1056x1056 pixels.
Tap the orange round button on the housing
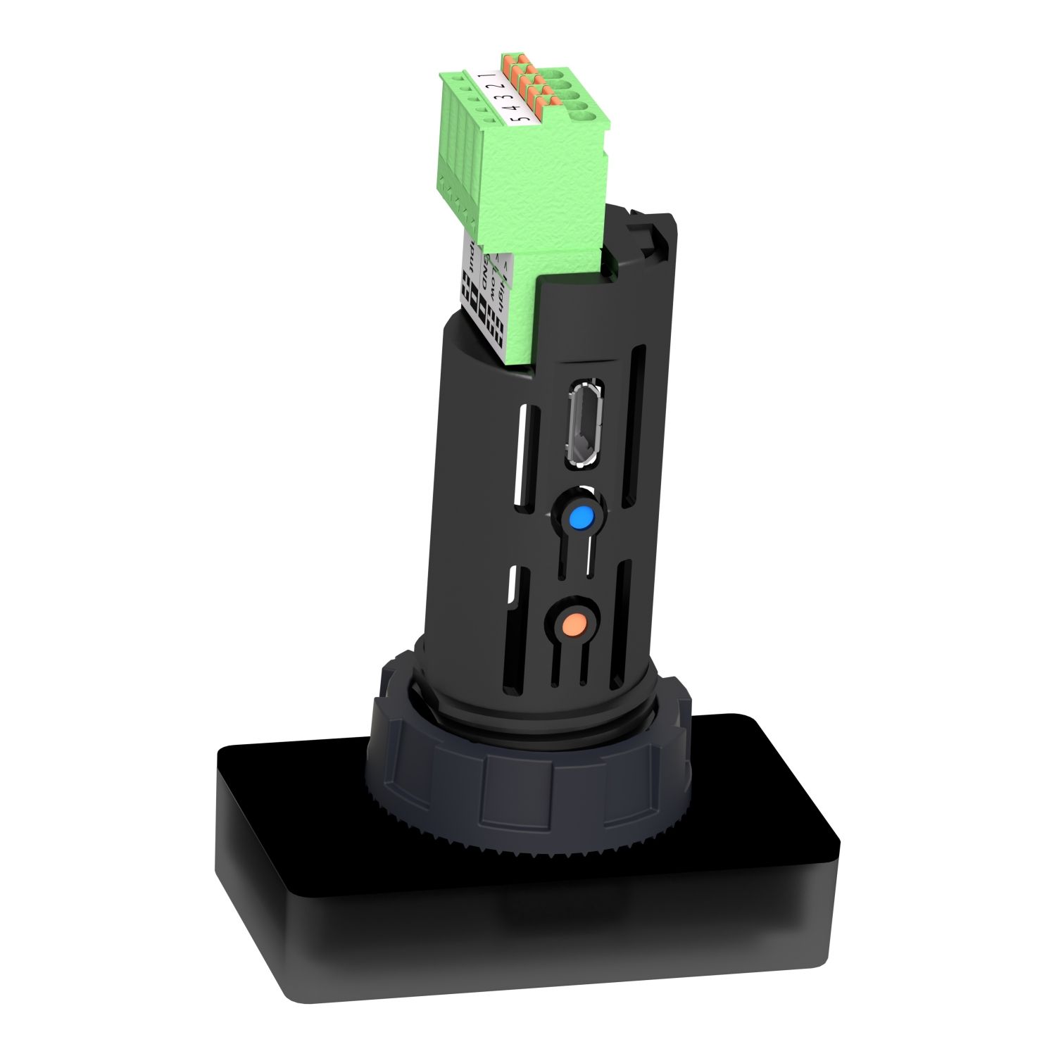(x=576, y=623)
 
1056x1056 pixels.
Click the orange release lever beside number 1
(x=510, y=58)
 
